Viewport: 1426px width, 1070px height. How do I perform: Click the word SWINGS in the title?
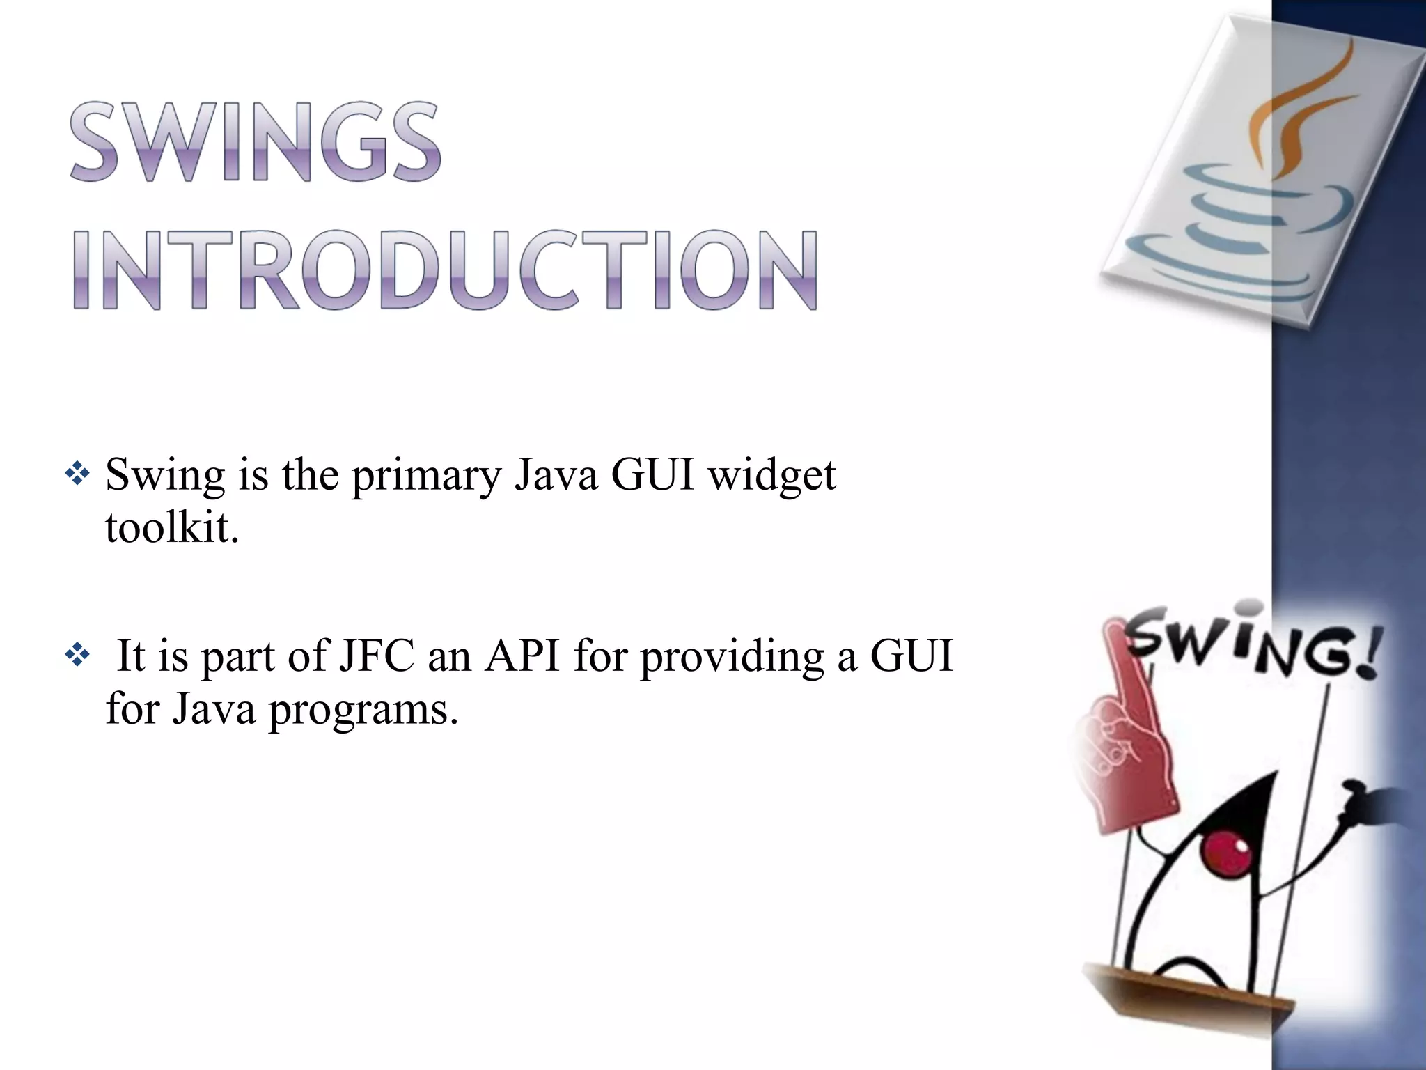(x=255, y=143)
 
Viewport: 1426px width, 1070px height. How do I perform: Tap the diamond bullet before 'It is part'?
(x=77, y=656)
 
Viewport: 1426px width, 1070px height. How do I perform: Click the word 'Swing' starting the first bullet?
(x=165, y=476)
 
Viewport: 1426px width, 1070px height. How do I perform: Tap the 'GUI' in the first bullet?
(x=652, y=476)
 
